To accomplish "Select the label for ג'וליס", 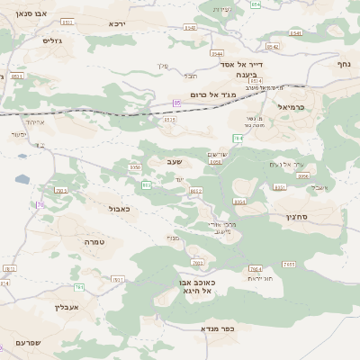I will click(52, 40).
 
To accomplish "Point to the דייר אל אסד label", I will click(242, 64).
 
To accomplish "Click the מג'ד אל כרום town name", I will click(212, 94).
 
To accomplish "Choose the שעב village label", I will click(174, 161).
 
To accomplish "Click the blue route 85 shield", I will click(176, 103).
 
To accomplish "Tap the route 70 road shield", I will click(40, 204).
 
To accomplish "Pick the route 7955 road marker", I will click(288, 264).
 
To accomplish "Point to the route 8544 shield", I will click(217, 53).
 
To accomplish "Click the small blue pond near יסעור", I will click(21, 180).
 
